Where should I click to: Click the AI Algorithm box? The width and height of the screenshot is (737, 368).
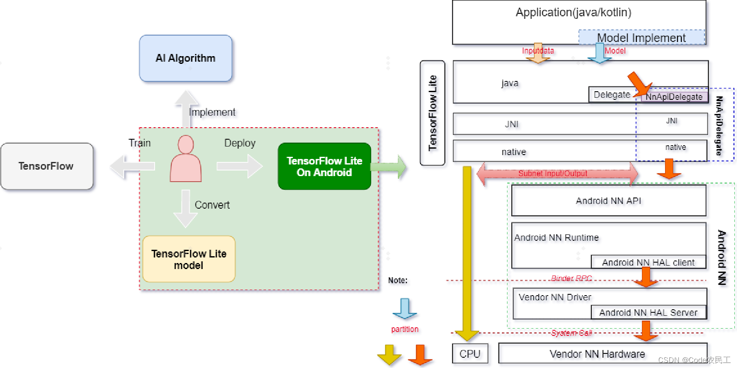click(185, 58)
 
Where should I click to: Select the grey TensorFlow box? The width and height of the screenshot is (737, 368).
click(47, 166)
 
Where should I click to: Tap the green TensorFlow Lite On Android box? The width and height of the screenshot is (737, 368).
click(324, 166)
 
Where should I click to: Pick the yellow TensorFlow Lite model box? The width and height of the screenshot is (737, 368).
click(189, 259)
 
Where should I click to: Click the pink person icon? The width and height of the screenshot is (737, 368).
click(185, 159)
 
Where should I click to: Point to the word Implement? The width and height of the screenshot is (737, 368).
click(212, 112)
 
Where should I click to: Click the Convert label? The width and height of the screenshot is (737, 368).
click(212, 205)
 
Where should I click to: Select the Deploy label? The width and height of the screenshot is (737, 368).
click(240, 143)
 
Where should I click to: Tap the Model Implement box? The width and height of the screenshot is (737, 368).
click(641, 38)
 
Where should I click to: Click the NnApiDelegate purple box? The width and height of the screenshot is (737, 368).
click(674, 97)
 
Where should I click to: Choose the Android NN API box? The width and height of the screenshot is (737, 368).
click(608, 200)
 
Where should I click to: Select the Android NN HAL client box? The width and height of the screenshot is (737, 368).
click(648, 262)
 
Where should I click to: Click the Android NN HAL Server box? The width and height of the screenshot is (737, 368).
click(648, 313)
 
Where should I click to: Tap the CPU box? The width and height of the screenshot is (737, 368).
click(470, 354)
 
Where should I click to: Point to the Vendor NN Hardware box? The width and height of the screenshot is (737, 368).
click(597, 354)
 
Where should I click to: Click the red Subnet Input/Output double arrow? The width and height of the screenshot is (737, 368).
click(557, 174)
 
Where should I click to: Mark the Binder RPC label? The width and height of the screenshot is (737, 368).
click(571, 278)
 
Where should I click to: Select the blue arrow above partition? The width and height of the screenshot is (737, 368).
click(404, 309)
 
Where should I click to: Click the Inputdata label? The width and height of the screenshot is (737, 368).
click(537, 51)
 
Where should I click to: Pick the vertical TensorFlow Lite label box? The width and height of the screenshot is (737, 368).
click(433, 113)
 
